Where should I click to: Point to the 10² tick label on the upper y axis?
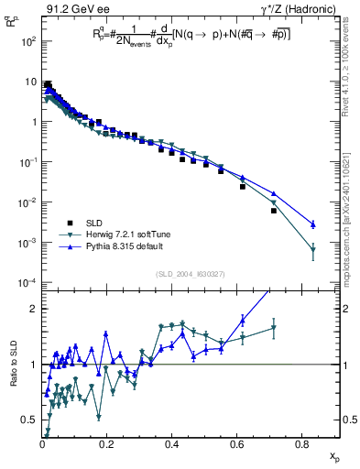29,42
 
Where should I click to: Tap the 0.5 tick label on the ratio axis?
31,419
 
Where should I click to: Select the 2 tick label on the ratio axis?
35,309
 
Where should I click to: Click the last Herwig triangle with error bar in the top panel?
313,249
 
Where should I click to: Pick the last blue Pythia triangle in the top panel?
313,224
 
